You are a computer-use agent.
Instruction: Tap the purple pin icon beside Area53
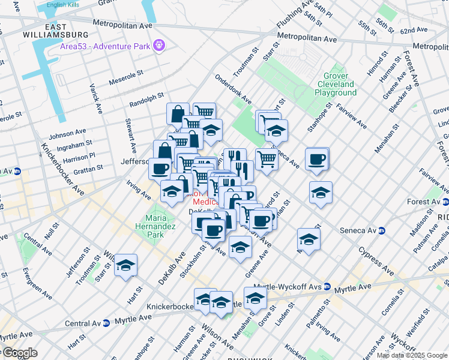(159, 44)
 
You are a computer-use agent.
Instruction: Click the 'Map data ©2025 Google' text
(412, 355)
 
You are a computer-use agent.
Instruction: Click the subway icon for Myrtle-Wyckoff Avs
(328, 286)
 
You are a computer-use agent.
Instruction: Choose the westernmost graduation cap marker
(126, 265)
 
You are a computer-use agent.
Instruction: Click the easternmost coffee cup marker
(316, 160)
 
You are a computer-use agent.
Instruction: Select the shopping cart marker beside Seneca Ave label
(267, 159)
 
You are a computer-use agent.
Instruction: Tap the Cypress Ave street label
(376, 260)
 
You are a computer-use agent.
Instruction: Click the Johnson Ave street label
(67, 134)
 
